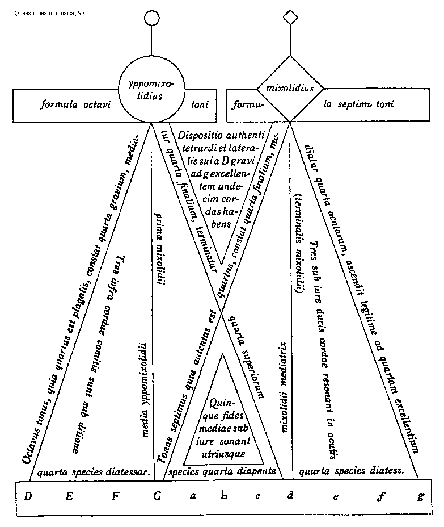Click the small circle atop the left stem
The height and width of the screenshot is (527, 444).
pyautogui.click(x=151, y=18)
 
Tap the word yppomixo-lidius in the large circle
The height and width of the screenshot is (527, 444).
pyautogui.click(x=151, y=91)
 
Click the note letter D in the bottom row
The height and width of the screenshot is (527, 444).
pyautogui.click(x=27, y=496)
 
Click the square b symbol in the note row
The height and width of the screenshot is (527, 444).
pyautogui.click(x=225, y=496)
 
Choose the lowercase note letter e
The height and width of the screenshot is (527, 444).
pyautogui.click(x=336, y=497)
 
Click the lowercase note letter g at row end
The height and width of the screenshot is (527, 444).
pyautogui.click(x=420, y=497)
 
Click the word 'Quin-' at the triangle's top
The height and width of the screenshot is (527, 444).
pyautogui.click(x=218, y=403)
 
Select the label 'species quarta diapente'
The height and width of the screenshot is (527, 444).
pyautogui.click(x=222, y=471)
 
